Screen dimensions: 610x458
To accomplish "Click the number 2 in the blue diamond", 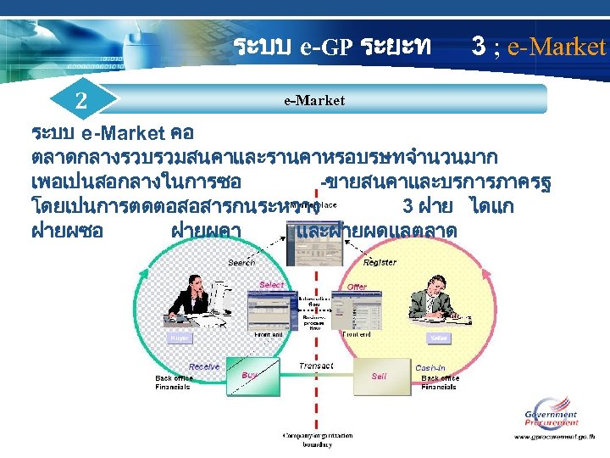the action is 80,99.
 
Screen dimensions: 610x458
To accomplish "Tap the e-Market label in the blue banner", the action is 314,100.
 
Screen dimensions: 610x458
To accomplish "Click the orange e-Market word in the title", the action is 557,46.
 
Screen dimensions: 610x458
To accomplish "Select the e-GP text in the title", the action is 325,46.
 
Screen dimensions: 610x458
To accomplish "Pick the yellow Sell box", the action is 379,376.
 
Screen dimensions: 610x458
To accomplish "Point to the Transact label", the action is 316,366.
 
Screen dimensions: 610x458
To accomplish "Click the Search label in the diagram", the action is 241,263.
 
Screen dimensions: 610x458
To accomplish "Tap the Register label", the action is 380,263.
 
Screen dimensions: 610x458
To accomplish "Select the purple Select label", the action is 271,285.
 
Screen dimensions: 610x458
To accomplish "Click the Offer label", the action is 358,287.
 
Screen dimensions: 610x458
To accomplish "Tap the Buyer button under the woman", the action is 180,338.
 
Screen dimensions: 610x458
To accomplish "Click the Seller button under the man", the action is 439,338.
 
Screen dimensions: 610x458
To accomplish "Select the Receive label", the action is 204,366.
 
